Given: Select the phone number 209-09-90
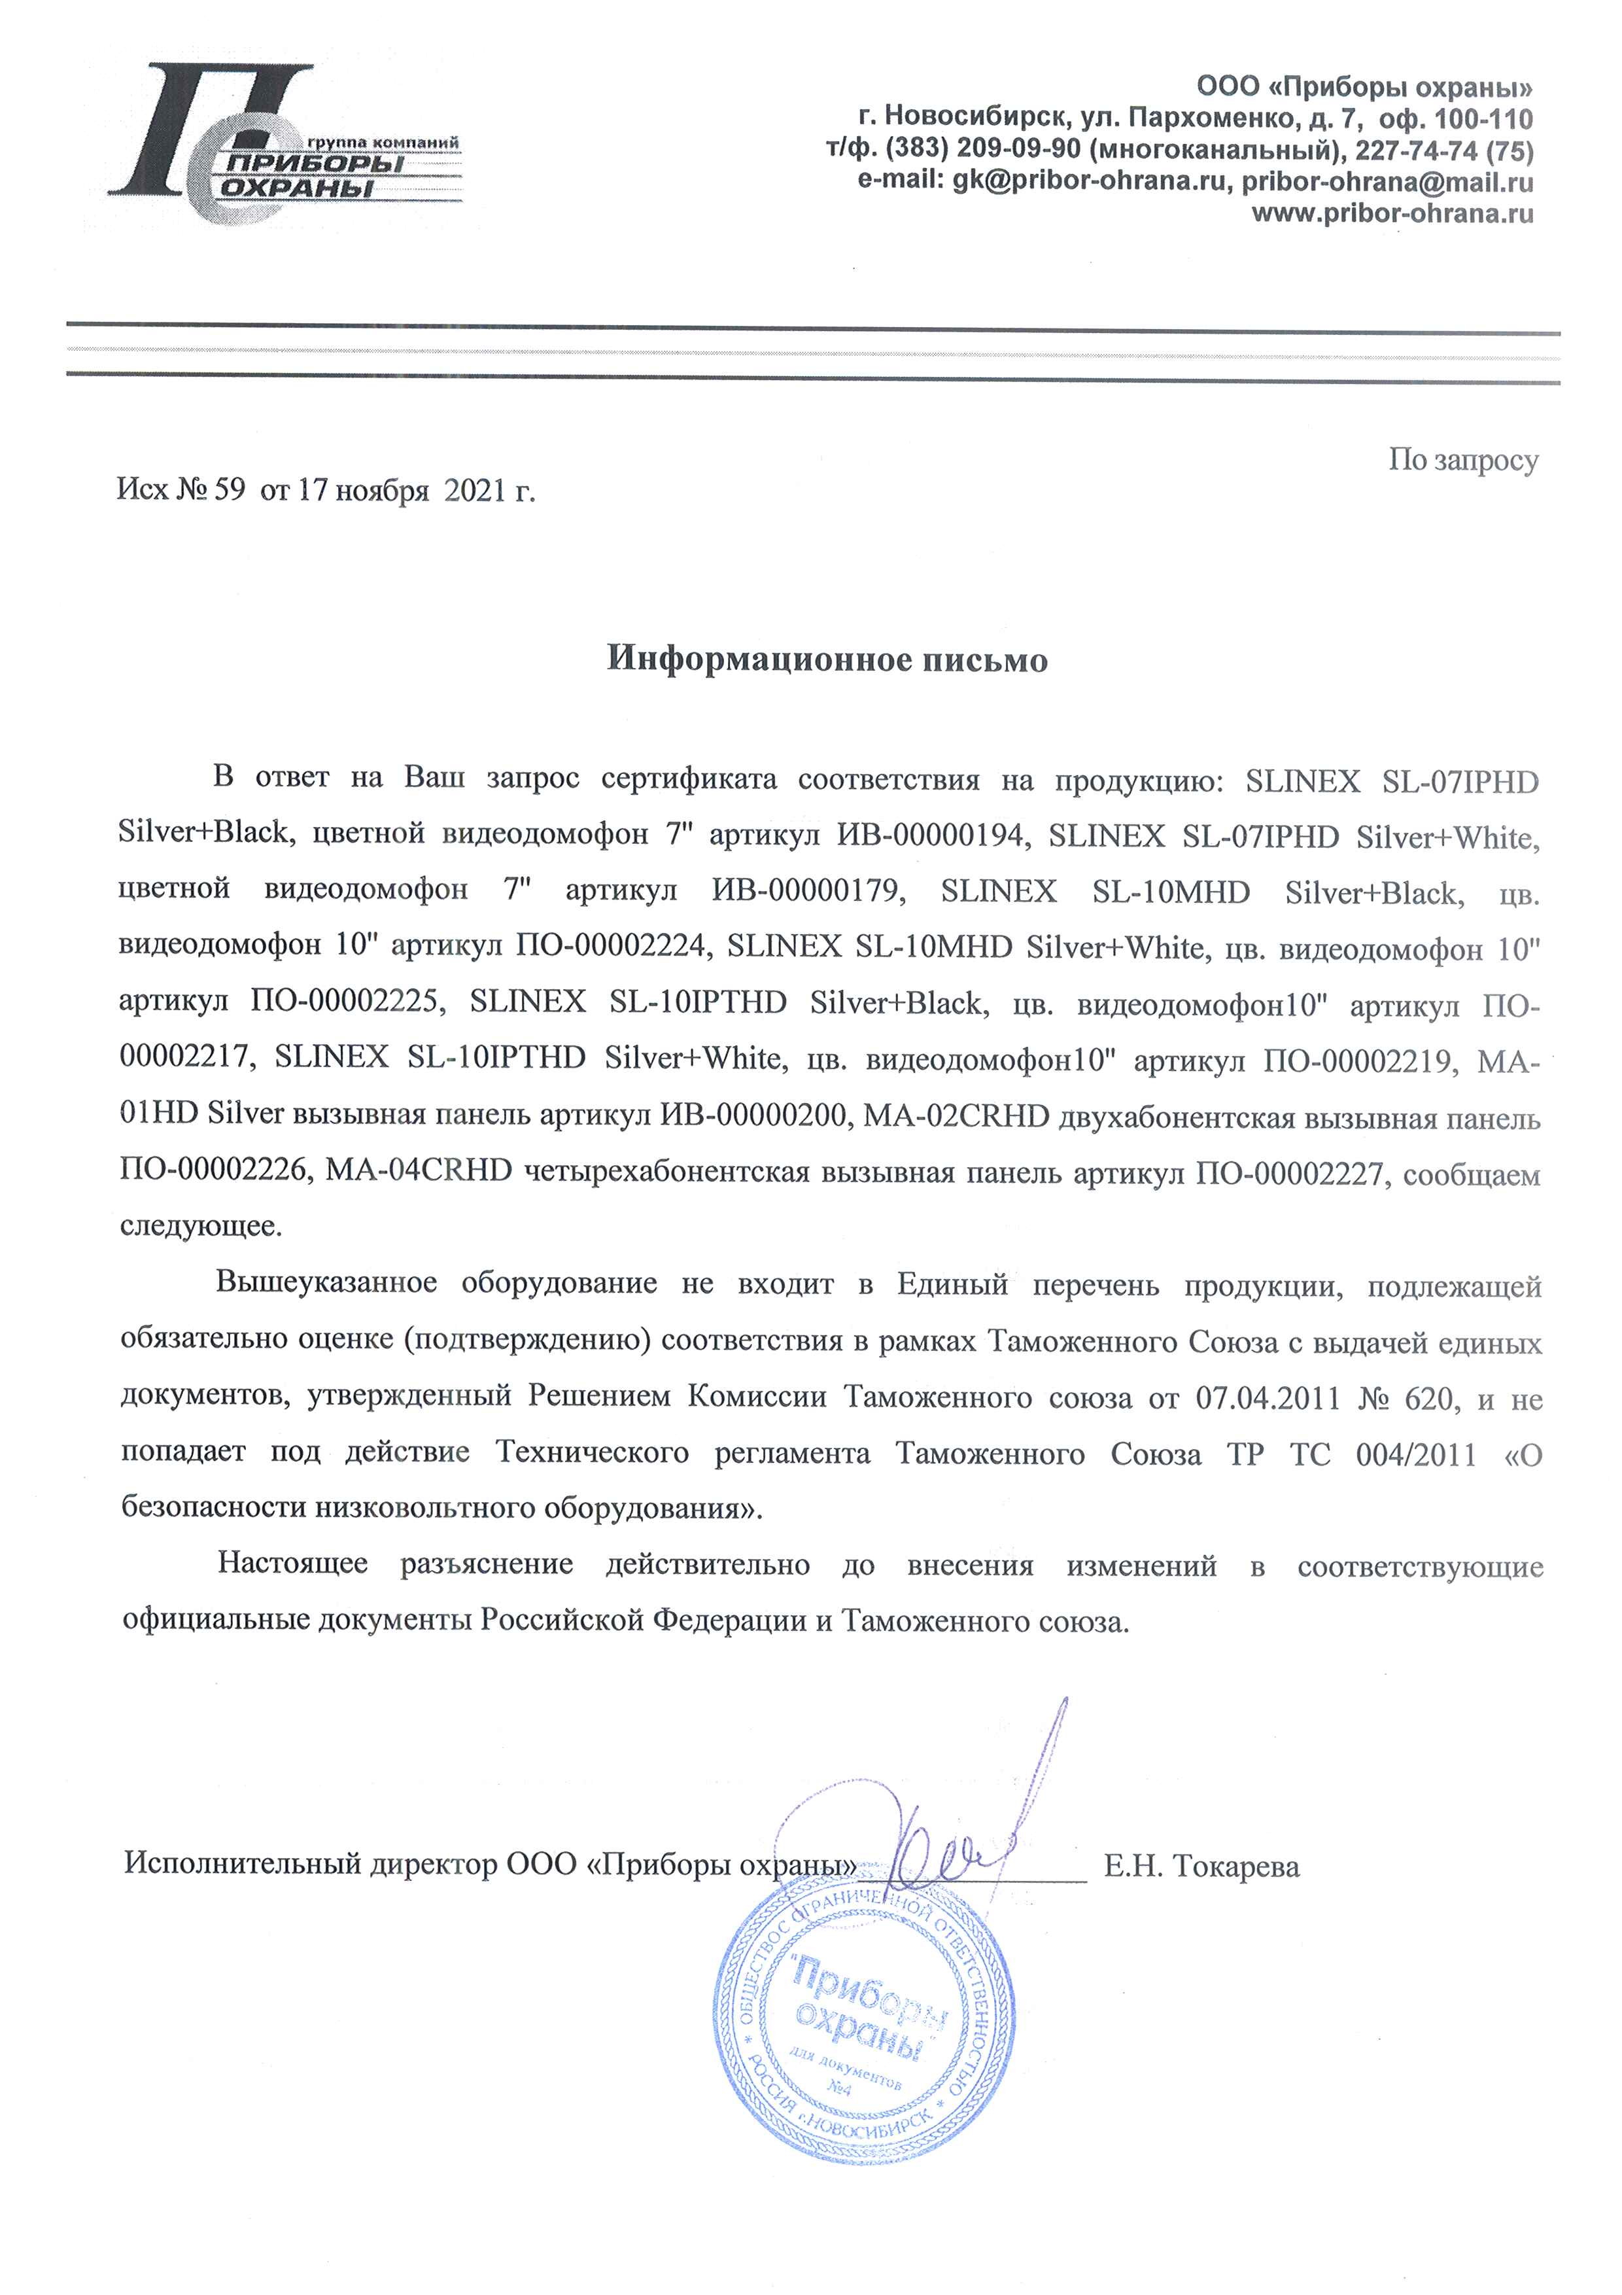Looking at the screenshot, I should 1018,151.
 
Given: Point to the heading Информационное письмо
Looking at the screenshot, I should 827,659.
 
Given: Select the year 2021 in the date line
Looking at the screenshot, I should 475,491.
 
